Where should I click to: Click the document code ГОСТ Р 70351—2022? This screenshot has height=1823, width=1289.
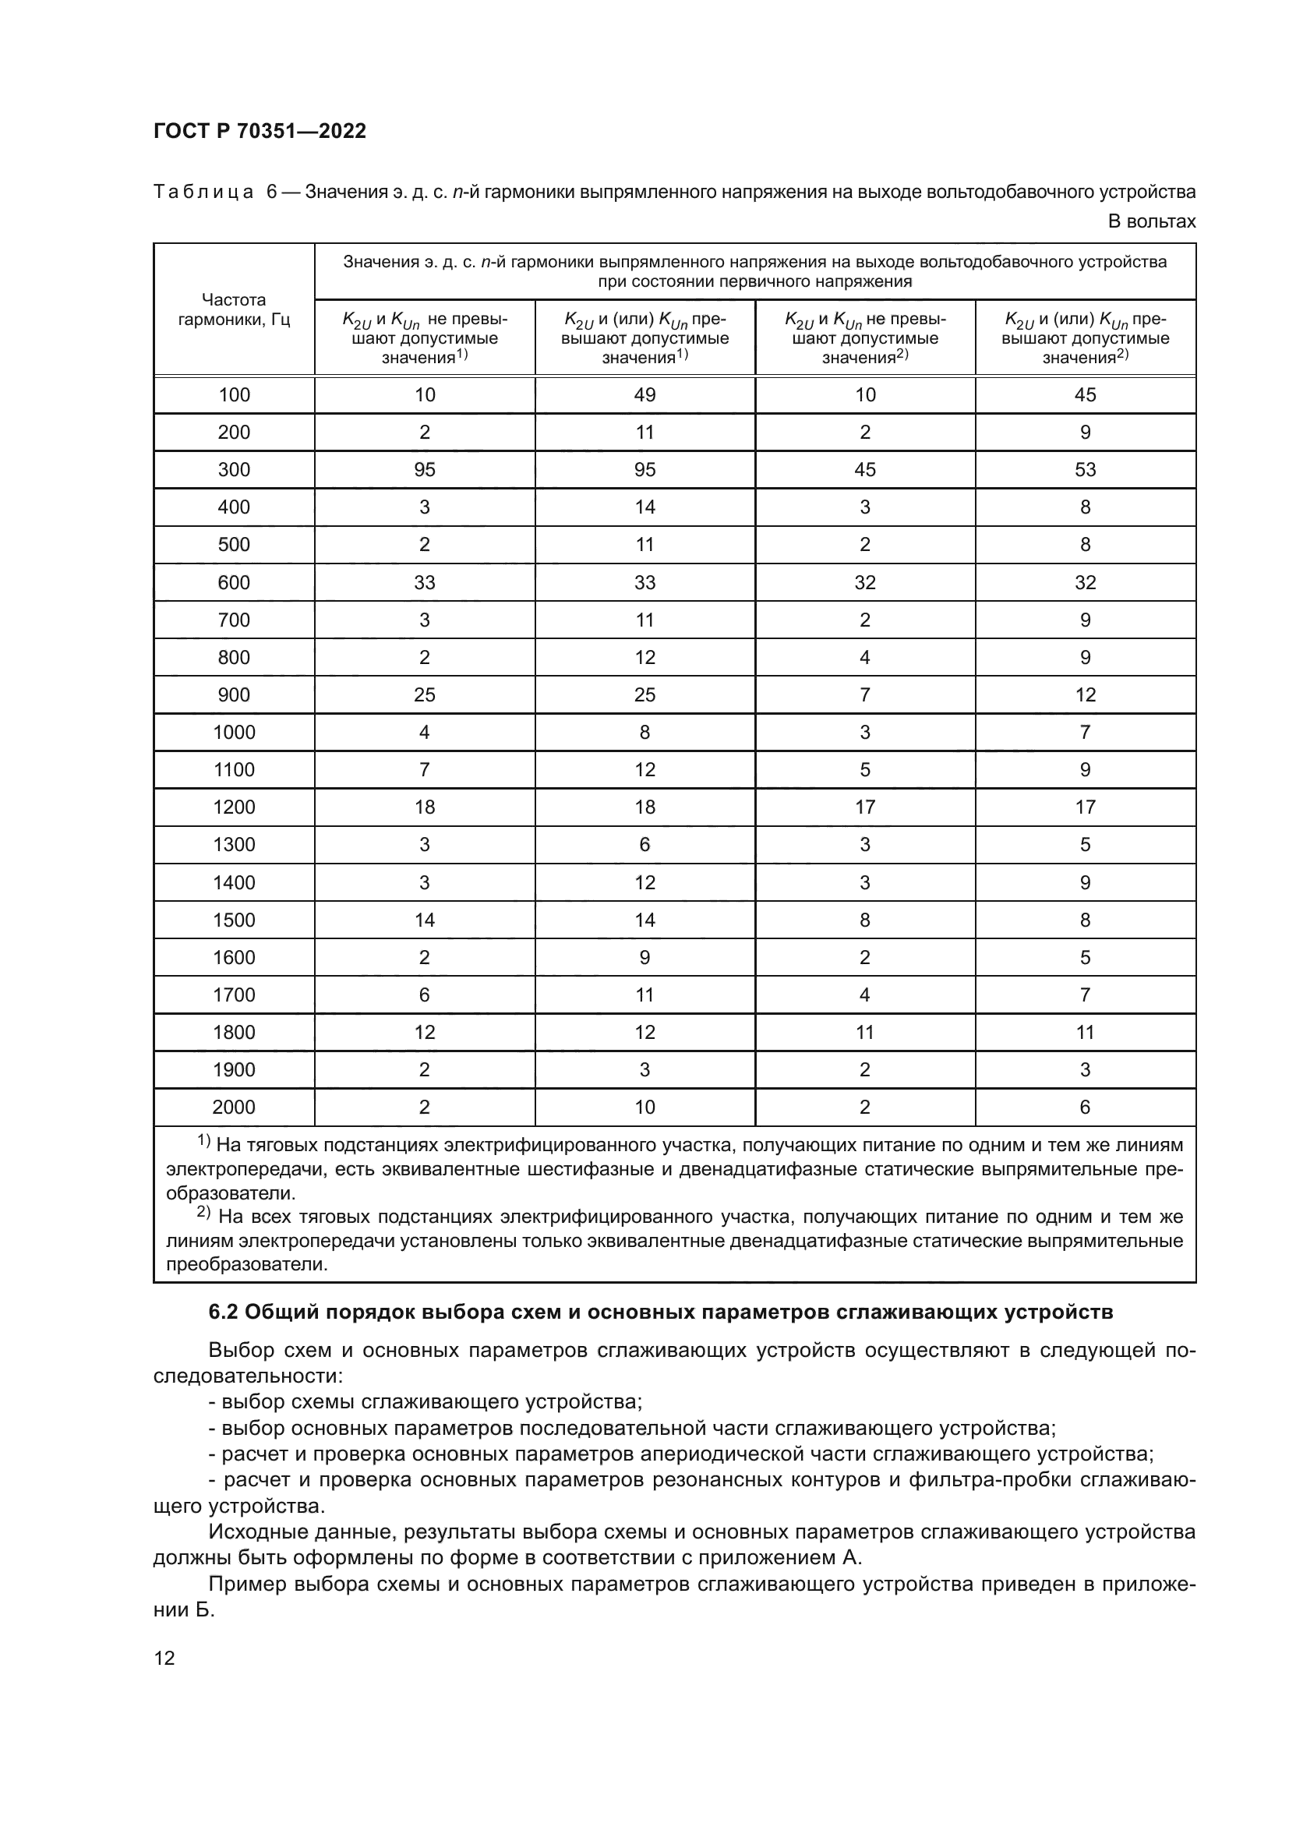tap(260, 132)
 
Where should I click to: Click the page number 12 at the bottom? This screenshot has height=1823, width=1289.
tap(164, 1658)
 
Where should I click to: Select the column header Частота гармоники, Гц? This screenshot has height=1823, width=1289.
tap(234, 309)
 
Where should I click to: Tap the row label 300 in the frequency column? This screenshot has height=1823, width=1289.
tap(234, 469)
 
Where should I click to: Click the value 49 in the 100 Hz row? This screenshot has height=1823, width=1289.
tap(644, 394)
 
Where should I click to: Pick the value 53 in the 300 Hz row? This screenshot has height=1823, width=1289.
tap(1085, 469)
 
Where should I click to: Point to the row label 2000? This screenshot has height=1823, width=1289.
tap(234, 1107)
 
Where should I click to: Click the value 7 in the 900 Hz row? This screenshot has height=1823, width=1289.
tap(864, 694)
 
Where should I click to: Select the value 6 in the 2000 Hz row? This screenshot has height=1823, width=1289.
tap(1085, 1107)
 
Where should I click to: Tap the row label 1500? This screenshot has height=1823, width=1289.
tap(234, 920)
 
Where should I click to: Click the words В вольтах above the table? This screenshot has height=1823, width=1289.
tap(1151, 221)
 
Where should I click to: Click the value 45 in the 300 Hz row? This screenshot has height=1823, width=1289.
tap(864, 469)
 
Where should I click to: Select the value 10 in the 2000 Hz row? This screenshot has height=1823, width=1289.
tap(644, 1107)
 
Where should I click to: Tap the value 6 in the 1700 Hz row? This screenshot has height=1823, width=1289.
tap(425, 994)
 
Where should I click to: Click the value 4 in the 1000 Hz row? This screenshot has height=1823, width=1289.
tap(425, 732)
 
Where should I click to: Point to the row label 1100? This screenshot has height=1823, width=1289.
tap(234, 769)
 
